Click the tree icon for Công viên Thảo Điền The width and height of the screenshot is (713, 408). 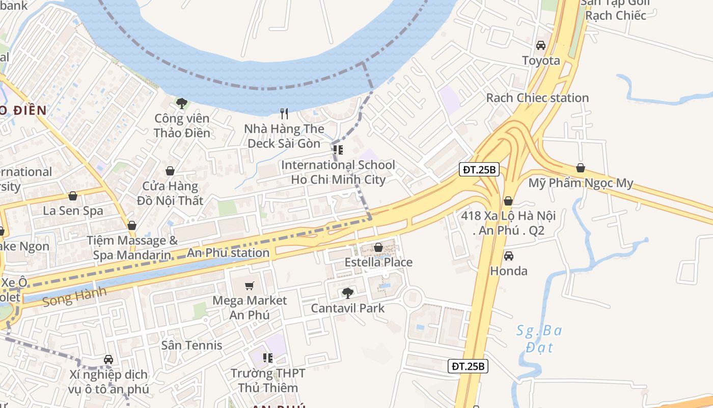181,104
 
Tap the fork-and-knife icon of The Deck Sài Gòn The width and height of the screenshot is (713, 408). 284,114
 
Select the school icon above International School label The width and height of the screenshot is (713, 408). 338,150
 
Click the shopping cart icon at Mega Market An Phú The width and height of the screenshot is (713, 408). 250,286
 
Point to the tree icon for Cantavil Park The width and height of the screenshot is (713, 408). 348,293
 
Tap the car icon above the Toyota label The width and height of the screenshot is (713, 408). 541,45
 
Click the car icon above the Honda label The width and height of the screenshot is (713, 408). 508,256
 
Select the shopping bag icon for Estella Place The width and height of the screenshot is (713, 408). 378,247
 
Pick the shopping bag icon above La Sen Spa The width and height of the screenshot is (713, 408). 73,196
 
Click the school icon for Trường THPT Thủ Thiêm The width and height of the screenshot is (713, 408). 268,358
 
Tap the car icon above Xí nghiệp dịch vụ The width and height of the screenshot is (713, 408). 108,360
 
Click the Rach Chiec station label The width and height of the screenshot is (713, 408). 537,97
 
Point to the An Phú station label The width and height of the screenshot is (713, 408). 228,252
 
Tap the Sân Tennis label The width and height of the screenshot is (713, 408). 191,345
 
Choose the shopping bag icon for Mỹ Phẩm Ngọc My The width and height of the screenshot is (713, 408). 581,168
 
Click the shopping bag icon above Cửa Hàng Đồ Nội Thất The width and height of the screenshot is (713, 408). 170,171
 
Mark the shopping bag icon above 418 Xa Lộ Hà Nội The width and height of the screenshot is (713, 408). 508,201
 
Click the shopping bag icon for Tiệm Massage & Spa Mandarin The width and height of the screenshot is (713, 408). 132,225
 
